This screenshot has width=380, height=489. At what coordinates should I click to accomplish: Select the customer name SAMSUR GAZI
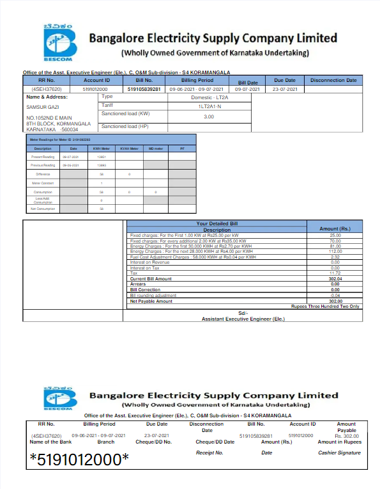click(43, 107)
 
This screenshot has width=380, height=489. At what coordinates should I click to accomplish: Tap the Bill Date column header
click(248, 83)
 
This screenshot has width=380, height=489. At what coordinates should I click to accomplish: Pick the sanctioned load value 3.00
click(209, 116)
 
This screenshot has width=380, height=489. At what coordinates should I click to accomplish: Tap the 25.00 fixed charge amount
click(335, 236)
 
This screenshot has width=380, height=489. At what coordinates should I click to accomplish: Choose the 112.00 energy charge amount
click(335, 252)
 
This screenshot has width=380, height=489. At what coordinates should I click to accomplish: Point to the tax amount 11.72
click(335, 273)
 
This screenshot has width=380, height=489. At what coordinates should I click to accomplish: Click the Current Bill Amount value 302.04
click(335, 279)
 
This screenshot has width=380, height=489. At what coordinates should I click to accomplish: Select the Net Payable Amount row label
click(151, 301)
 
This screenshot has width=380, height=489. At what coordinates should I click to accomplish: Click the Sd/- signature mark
click(242, 313)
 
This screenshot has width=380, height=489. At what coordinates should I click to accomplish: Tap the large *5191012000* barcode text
click(79, 459)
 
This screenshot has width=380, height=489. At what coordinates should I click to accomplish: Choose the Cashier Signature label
click(339, 453)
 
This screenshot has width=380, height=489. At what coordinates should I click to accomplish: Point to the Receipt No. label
click(209, 453)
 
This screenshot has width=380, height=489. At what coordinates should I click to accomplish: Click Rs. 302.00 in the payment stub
click(347, 436)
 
